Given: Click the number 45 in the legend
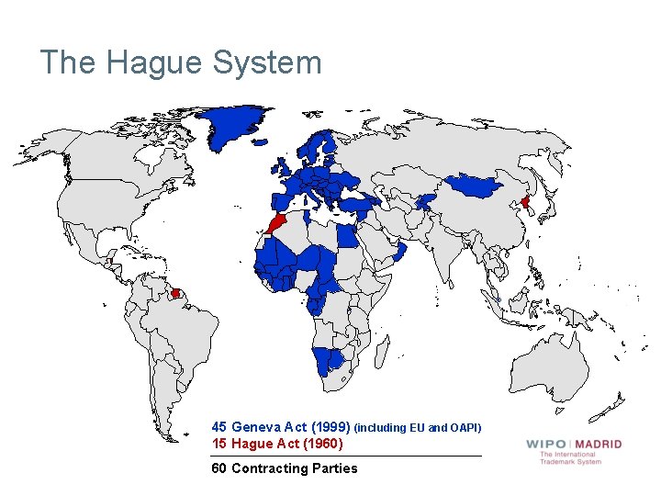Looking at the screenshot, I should click(219, 427).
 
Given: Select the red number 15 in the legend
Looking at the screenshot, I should click(219, 444).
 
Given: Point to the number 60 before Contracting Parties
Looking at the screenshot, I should click(219, 468).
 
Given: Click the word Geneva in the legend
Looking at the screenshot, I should click(256, 427).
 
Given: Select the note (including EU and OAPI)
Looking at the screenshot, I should click(418, 428).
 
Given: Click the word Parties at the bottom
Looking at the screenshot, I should click(336, 468).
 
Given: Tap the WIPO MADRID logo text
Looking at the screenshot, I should click(574, 444).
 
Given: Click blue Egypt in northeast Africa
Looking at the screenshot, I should click(349, 235).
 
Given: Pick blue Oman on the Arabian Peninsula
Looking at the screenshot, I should click(400, 251).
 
